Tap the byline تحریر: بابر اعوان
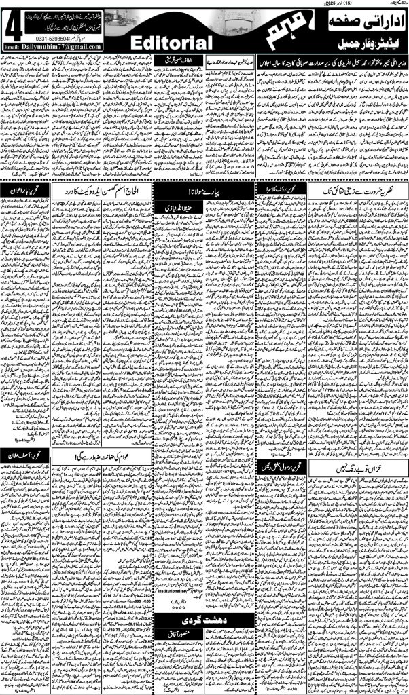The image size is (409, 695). [28, 192]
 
